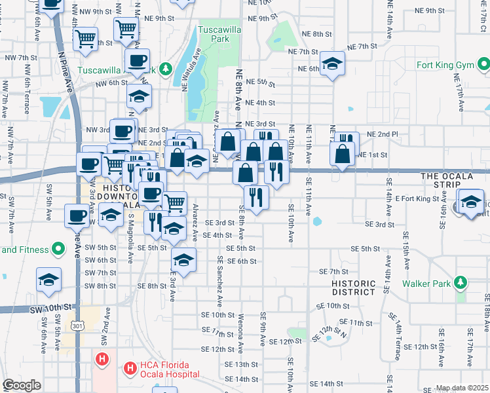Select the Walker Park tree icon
click(x=461, y=283)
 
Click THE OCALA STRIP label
click(x=455, y=177)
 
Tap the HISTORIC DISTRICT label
click(x=353, y=288)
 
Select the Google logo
click(x=21, y=385)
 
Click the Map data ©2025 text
click(x=461, y=388)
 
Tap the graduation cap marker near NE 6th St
click(x=333, y=64)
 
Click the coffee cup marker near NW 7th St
click(x=137, y=61)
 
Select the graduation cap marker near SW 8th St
click(x=48, y=279)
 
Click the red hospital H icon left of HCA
click(x=102, y=359)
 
